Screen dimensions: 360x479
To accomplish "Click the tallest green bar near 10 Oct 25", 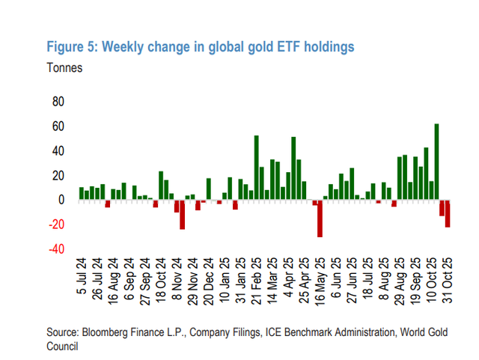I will tap(436, 162).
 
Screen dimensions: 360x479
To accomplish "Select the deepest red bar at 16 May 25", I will tap(320, 219).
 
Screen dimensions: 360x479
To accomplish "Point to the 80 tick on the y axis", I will tap(58, 102).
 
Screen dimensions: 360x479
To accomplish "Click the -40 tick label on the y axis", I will tap(56, 249).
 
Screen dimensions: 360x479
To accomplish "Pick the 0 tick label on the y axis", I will tap(62, 200).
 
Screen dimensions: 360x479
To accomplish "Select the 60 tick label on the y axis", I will tap(58, 126).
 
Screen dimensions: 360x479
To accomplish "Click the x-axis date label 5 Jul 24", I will tap(82, 278).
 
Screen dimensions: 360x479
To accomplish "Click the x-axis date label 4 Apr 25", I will tap(288, 278).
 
